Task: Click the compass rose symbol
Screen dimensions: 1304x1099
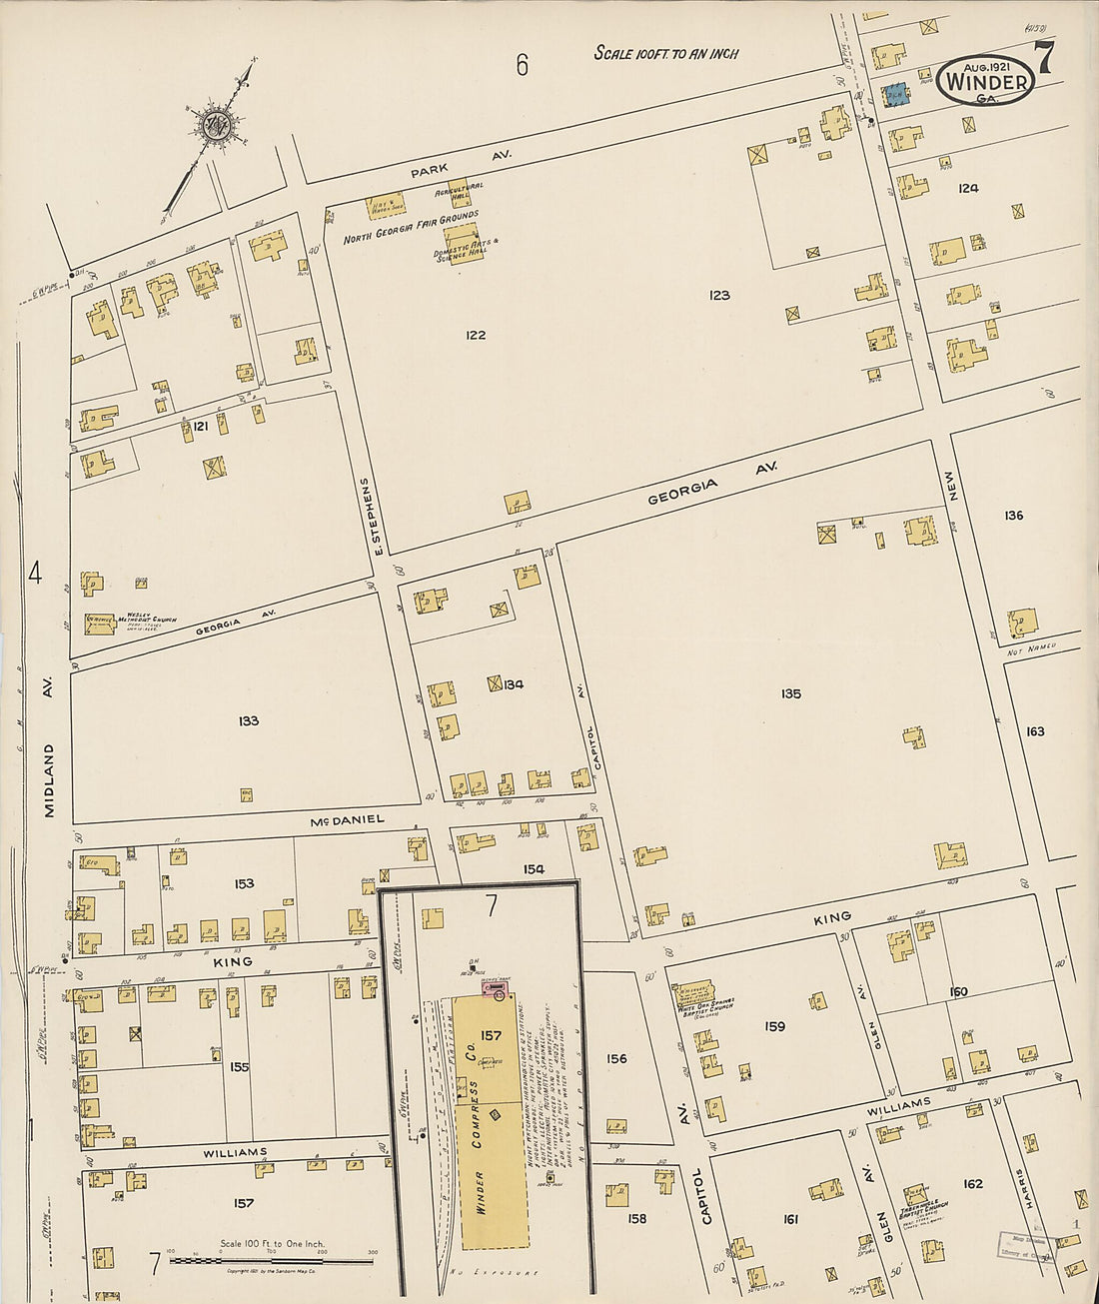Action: pyautogui.click(x=215, y=125)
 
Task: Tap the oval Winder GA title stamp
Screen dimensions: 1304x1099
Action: pyautogui.click(x=985, y=81)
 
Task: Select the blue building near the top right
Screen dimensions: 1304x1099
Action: pyautogui.click(x=895, y=94)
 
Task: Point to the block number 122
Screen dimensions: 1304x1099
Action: pyautogui.click(x=476, y=335)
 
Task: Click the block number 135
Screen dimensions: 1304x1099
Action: pyautogui.click(x=791, y=693)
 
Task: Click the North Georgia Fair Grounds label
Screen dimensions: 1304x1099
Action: pyautogui.click(x=411, y=227)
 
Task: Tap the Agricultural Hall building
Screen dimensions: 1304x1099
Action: pyautogui.click(x=459, y=190)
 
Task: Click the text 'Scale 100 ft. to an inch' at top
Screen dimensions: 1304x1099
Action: pyautogui.click(x=666, y=53)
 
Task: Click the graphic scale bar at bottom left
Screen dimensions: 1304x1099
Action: pyautogui.click(x=271, y=1260)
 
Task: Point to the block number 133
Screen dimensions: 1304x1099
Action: pyautogui.click(x=249, y=720)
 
